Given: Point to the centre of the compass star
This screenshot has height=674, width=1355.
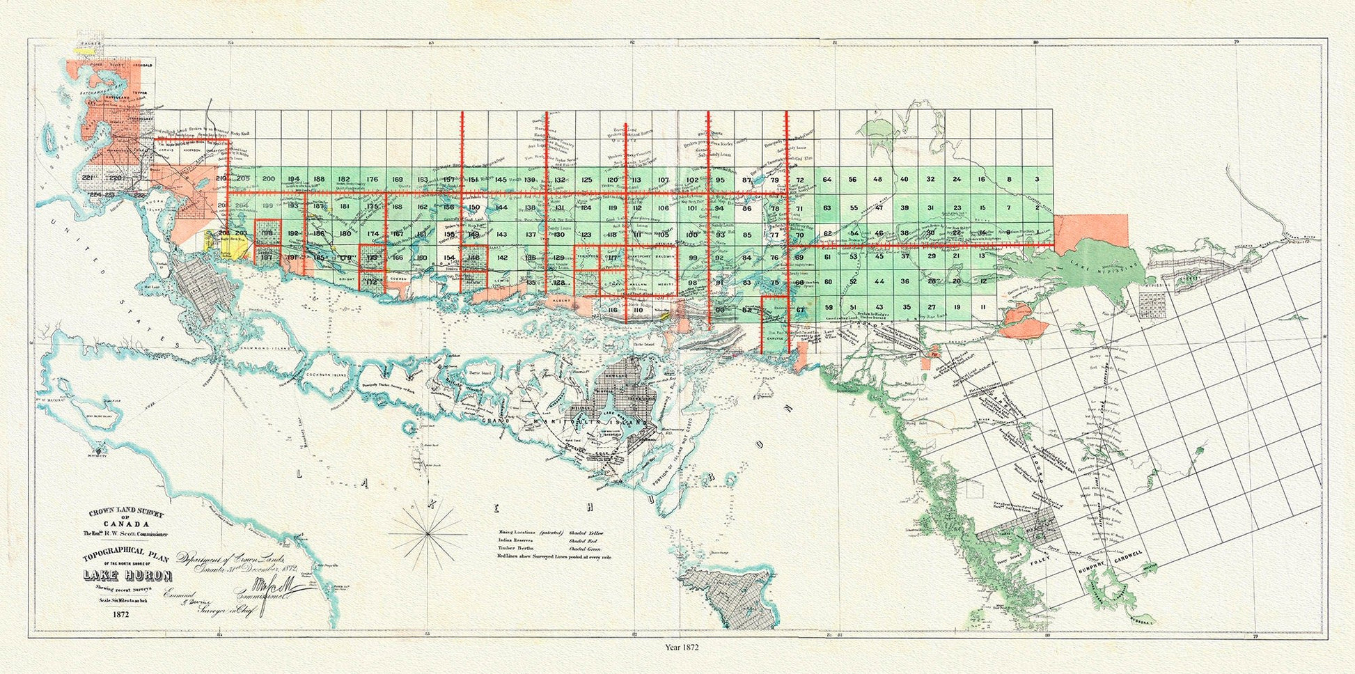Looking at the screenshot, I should tap(426, 535).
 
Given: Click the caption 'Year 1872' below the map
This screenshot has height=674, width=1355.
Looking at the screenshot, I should tap(681, 647).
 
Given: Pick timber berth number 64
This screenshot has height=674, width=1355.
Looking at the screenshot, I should tap(827, 180).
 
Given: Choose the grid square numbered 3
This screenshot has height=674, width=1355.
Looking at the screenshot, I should tap(1037, 180).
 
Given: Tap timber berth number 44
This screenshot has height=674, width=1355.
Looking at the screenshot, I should tap(879, 281).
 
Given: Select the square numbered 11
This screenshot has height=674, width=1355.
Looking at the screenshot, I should tap(982, 307).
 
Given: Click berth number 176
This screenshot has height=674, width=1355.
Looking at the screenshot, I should tap(372, 180).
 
